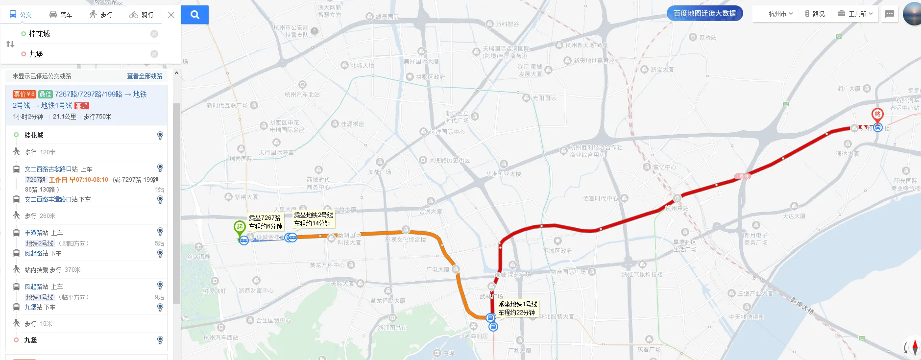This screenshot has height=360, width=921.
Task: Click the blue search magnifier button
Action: tap(194, 15)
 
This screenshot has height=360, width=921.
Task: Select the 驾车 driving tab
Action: tap(61, 15)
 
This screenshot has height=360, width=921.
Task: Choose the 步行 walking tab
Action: tap(101, 15)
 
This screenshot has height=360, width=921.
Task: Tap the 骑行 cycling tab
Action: tap(142, 15)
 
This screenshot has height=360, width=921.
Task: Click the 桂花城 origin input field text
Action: tap(40, 34)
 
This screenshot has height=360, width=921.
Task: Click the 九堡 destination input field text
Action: tap(36, 54)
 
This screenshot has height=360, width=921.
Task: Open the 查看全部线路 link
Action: tap(145, 76)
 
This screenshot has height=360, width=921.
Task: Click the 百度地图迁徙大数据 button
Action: tap(704, 13)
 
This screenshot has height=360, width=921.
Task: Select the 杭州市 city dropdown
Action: tap(780, 14)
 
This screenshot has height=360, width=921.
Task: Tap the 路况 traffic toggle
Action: tap(815, 14)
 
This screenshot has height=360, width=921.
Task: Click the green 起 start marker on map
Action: tap(239, 227)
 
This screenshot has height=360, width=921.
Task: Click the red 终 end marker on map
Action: tap(877, 115)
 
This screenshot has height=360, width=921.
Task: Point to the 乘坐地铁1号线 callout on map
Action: tap(517, 308)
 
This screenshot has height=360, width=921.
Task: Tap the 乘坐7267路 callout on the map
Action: tap(265, 222)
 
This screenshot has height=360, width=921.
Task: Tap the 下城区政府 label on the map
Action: tap(557, 251)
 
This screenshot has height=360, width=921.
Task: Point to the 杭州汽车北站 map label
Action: tap(302, 95)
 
